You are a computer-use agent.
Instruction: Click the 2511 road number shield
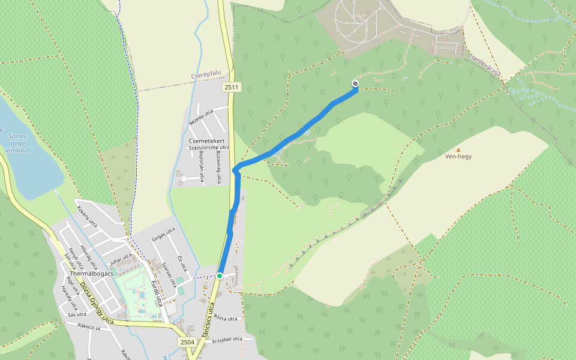(231, 88)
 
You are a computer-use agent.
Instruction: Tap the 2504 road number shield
(187, 341)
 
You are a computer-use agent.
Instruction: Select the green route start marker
(220, 275)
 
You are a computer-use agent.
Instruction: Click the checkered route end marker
(355, 83)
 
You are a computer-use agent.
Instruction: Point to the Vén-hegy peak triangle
(458, 150)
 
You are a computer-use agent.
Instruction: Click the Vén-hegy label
(458, 157)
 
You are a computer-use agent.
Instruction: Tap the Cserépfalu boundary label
(206, 75)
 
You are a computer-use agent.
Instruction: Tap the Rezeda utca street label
(201, 115)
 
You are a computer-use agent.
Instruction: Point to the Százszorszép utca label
(209, 147)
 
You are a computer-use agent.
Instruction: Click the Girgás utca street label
(163, 234)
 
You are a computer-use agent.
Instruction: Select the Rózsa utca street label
(226, 319)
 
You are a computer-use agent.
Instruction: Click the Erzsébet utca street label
(229, 338)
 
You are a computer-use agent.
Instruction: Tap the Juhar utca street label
(121, 259)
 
